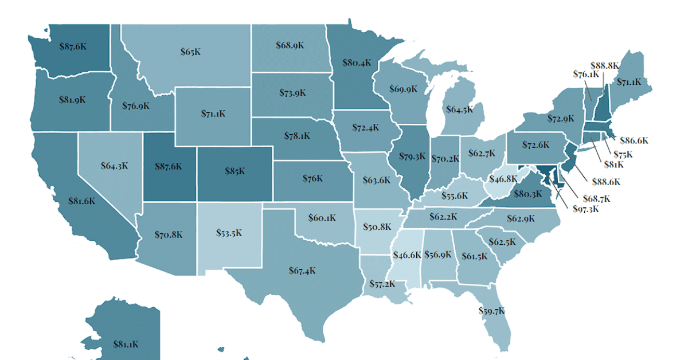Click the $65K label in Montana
click(x=190, y=52)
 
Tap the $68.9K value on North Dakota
click(x=290, y=44)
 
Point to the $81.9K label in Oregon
click(x=72, y=99)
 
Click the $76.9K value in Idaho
click(x=136, y=105)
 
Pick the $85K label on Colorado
click(x=235, y=170)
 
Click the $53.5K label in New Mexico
click(x=229, y=233)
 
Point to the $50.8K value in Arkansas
click(x=377, y=226)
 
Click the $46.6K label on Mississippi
click(x=407, y=255)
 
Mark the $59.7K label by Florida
click(x=492, y=311)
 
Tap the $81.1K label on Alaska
click(x=126, y=345)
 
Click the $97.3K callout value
click(x=586, y=209)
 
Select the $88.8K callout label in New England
click(x=604, y=65)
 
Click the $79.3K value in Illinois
click(x=413, y=155)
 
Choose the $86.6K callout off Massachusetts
click(x=634, y=140)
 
